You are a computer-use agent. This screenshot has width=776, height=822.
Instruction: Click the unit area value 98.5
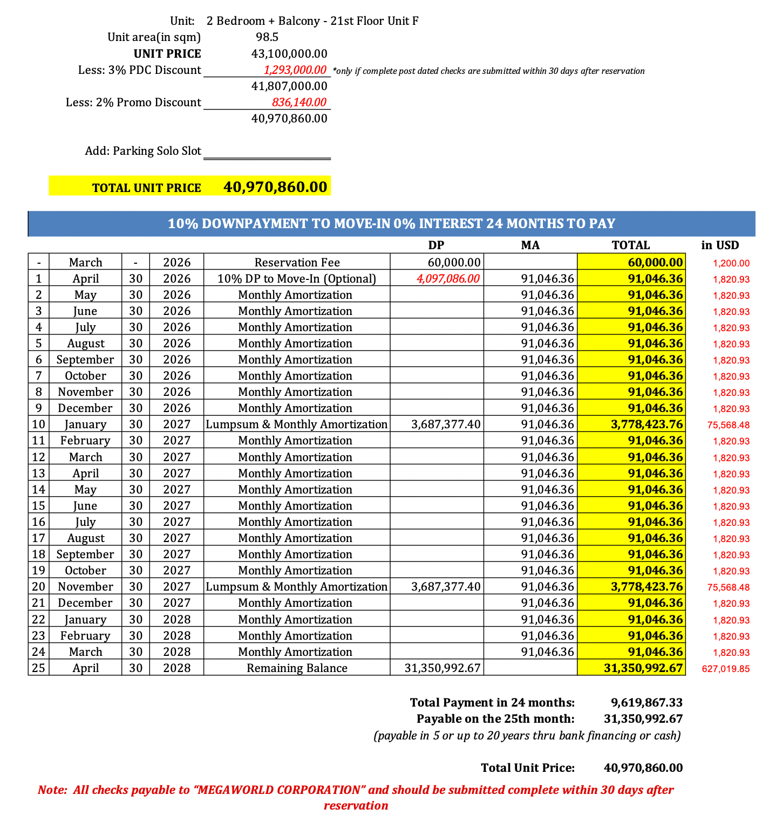(x=267, y=37)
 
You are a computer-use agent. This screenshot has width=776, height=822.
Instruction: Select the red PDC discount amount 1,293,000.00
(x=295, y=70)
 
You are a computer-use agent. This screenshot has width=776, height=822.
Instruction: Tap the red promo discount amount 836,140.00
(x=299, y=102)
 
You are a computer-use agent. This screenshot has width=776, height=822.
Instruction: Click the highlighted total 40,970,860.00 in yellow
(x=275, y=187)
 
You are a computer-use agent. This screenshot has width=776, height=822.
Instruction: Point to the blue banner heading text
(x=391, y=223)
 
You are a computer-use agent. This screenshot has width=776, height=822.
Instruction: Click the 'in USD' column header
(x=720, y=245)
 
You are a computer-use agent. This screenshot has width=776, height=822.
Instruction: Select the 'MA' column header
(x=530, y=245)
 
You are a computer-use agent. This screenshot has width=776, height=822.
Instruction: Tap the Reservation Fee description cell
(x=297, y=263)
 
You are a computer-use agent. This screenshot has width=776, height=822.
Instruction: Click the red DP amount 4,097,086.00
(x=447, y=279)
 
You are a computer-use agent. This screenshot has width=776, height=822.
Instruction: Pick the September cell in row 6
(x=85, y=360)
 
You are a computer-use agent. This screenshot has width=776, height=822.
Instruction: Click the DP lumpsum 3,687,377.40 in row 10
(x=445, y=424)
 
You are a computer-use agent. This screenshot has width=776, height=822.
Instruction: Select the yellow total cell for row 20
(x=646, y=587)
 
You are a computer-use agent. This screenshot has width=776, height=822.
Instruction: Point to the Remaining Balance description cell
(x=297, y=668)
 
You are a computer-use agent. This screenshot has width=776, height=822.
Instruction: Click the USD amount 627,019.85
(x=725, y=669)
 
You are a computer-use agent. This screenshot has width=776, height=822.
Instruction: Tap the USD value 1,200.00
(x=731, y=264)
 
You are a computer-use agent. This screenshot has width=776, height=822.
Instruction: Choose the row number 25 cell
(x=38, y=668)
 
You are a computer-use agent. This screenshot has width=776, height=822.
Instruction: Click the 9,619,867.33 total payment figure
(x=646, y=703)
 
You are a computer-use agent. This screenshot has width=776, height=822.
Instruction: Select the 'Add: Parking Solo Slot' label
(x=143, y=151)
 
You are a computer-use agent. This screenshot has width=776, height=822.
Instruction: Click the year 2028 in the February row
(x=177, y=636)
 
